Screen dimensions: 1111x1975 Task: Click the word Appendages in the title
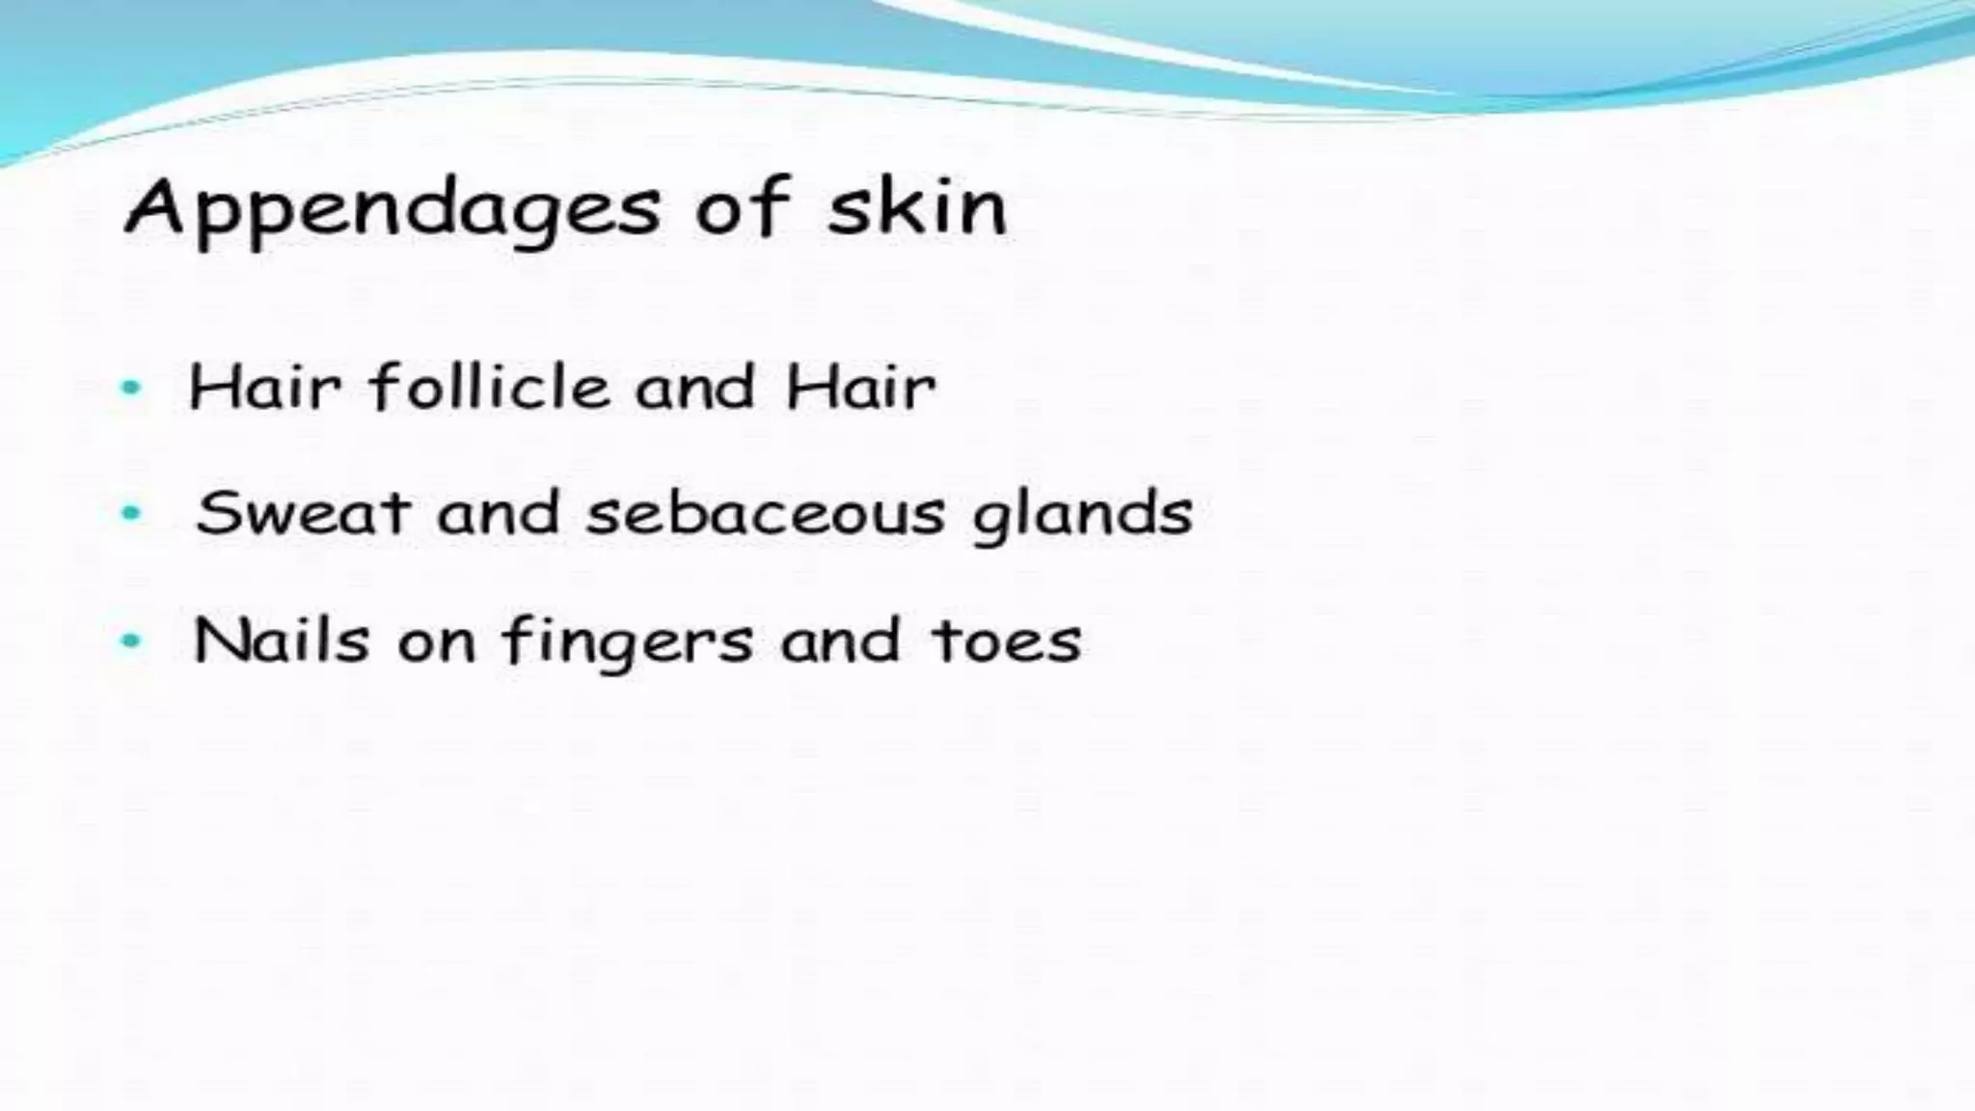pos(392,209)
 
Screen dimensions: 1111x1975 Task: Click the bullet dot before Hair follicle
pos(130,389)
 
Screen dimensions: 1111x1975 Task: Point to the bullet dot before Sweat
pos(130,514)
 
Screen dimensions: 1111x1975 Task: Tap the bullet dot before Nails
pos(130,641)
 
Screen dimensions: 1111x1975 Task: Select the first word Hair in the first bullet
pos(264,388)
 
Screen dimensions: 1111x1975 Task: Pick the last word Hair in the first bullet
pos(860,388)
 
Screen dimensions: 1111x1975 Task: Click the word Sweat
pos(302,513)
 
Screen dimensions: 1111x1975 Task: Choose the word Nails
pos(281,639)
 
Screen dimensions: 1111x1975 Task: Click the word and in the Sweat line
pos(498,513)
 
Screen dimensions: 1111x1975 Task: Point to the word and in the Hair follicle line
pos(694,388)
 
